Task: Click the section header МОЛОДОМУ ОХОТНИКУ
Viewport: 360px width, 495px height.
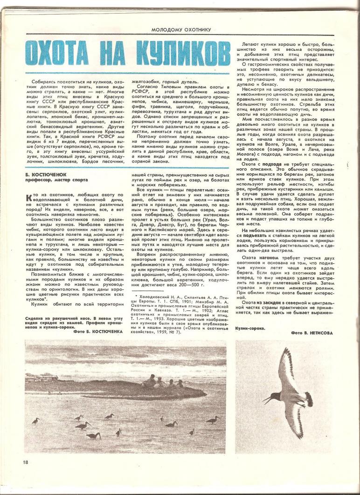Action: pyautogui.click(x=181, y=29)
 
